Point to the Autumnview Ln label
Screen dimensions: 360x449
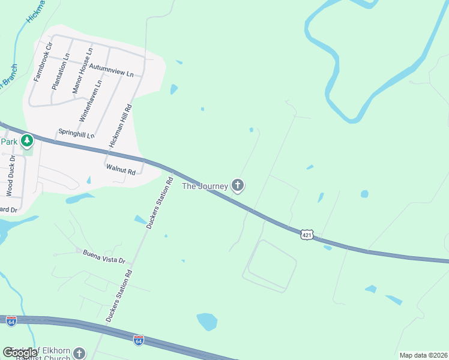pyautogui.click(x=111, y=70)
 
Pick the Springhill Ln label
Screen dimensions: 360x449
pyautogui.click(x=76, y=133)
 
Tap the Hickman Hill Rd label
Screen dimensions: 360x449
pyautogui.click(x=120, y=126)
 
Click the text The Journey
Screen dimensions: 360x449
pyautogui.click(x=205, y=186)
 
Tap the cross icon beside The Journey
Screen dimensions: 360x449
pyautogui.click(x=238, y=185)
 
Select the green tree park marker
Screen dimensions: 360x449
pyautogui.click(x=26, y=142)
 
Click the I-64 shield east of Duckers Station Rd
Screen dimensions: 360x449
pyautogui.click(x=139, y=340)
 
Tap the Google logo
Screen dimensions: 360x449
pyautogui.click(x=20, y=353)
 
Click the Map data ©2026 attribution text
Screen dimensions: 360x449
pyautogui.click(x=423, y=355)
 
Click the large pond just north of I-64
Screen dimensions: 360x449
pyautogui.click(x=207, y=322)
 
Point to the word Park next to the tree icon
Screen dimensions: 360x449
pyautogui.click(x=8, y=142)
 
